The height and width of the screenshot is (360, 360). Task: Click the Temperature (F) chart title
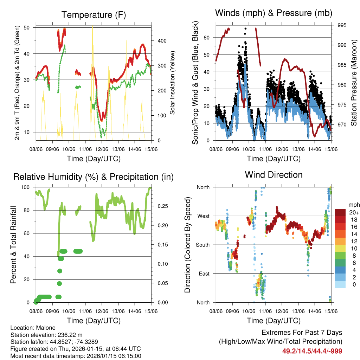(x=94, y=15)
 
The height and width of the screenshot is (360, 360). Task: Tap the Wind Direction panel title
(x=274, y=174)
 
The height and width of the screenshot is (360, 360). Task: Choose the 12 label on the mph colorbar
(x=352, y=241)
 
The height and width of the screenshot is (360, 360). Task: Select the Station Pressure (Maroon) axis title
(x=354, y=83)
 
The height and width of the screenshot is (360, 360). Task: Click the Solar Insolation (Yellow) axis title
(x=173, y=83)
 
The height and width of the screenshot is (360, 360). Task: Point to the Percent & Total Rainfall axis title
(x=13, y=245)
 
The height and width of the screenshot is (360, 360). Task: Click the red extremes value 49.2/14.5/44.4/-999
(x=312, y=351)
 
